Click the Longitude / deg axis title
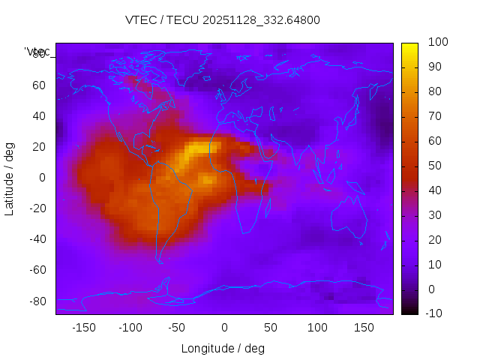(223, 348)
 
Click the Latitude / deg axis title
(10, 178)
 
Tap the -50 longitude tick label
(177, 328)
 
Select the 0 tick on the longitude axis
(224, 328)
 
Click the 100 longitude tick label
(318, 328)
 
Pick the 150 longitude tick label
(364, 328)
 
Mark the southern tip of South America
(160, 261)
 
